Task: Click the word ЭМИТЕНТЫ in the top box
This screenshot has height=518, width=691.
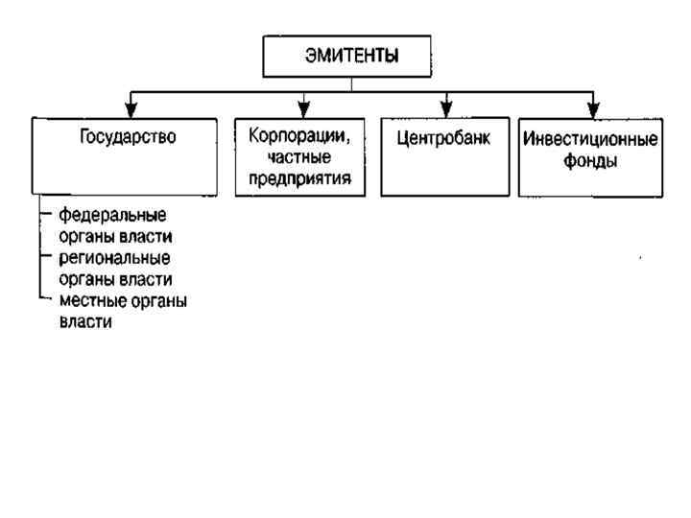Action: (351, 56)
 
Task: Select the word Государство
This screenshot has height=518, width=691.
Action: (128, 136)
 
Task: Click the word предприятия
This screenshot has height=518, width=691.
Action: (299, 178)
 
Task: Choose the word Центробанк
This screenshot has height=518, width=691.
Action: (443, 137)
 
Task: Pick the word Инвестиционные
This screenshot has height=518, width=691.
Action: (590, 140)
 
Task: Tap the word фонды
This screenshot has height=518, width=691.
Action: (590, 162)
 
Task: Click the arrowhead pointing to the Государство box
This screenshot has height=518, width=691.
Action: (132, 107)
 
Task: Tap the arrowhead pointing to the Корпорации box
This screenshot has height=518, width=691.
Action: (304, 107)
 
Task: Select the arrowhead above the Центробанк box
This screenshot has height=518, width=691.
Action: (446, 107)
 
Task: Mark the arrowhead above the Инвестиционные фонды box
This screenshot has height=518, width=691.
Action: (593, 107)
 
